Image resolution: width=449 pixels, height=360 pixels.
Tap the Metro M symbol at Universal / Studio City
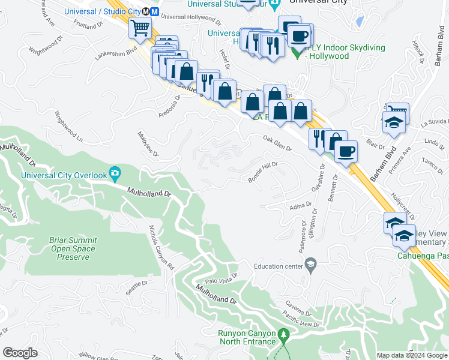[154, 11]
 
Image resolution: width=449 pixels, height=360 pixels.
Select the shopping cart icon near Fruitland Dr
[140, 27]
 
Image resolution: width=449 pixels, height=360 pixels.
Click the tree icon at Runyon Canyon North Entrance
[285, 334]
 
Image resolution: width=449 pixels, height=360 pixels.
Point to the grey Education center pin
[310, 265]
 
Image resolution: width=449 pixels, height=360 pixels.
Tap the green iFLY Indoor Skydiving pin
[295, 52]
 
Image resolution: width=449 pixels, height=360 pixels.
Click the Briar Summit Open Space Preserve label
[73, 248]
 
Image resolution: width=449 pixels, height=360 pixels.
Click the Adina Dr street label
[301, 206]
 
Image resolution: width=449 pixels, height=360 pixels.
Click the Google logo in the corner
[20, 353]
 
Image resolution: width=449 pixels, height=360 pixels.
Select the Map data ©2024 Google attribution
[411, 355]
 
